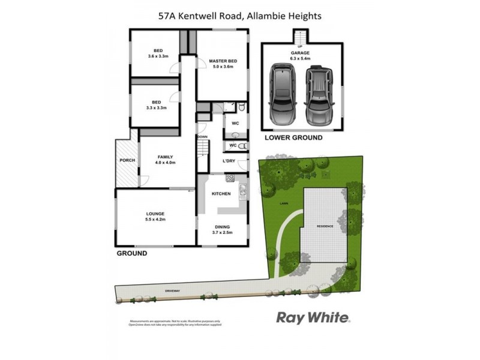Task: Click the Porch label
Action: (x=127, y=160)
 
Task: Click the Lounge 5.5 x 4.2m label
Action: (x=155, y=217)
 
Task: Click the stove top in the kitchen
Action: (x=229, y=178)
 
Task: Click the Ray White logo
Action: (x=313, y=317)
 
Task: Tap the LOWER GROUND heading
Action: (x=293, y=137)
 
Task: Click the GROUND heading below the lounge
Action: (x=131, y=253)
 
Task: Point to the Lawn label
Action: (x=283, y=204)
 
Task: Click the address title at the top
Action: (x=239, y=16)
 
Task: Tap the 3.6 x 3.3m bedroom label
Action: (x=158, y=53)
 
